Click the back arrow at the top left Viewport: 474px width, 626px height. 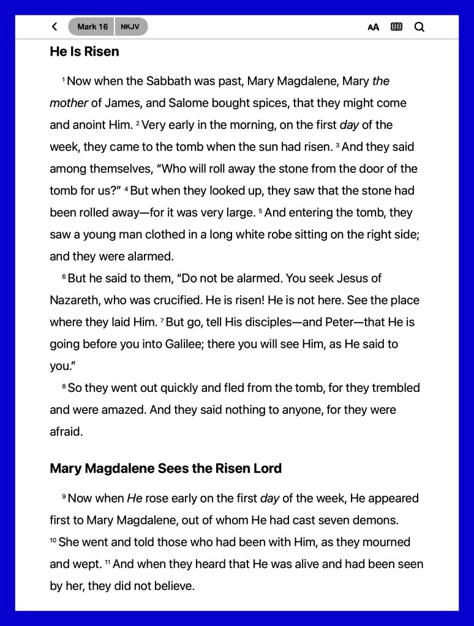55,27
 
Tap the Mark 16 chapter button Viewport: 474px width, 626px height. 92,27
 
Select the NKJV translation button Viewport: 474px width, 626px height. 130,27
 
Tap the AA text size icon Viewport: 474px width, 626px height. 373,27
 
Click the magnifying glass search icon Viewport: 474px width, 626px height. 419,27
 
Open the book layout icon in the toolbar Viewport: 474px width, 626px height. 397,27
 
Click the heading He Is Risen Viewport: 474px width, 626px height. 85,52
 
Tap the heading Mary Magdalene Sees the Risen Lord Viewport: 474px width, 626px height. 165,469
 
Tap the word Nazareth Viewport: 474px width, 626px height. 73,301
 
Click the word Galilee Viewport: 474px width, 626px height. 184,344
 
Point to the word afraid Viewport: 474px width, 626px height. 66,432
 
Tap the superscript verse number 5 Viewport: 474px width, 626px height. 260,211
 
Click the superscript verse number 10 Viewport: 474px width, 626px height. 53,540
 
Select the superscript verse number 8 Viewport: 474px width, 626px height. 64,386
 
